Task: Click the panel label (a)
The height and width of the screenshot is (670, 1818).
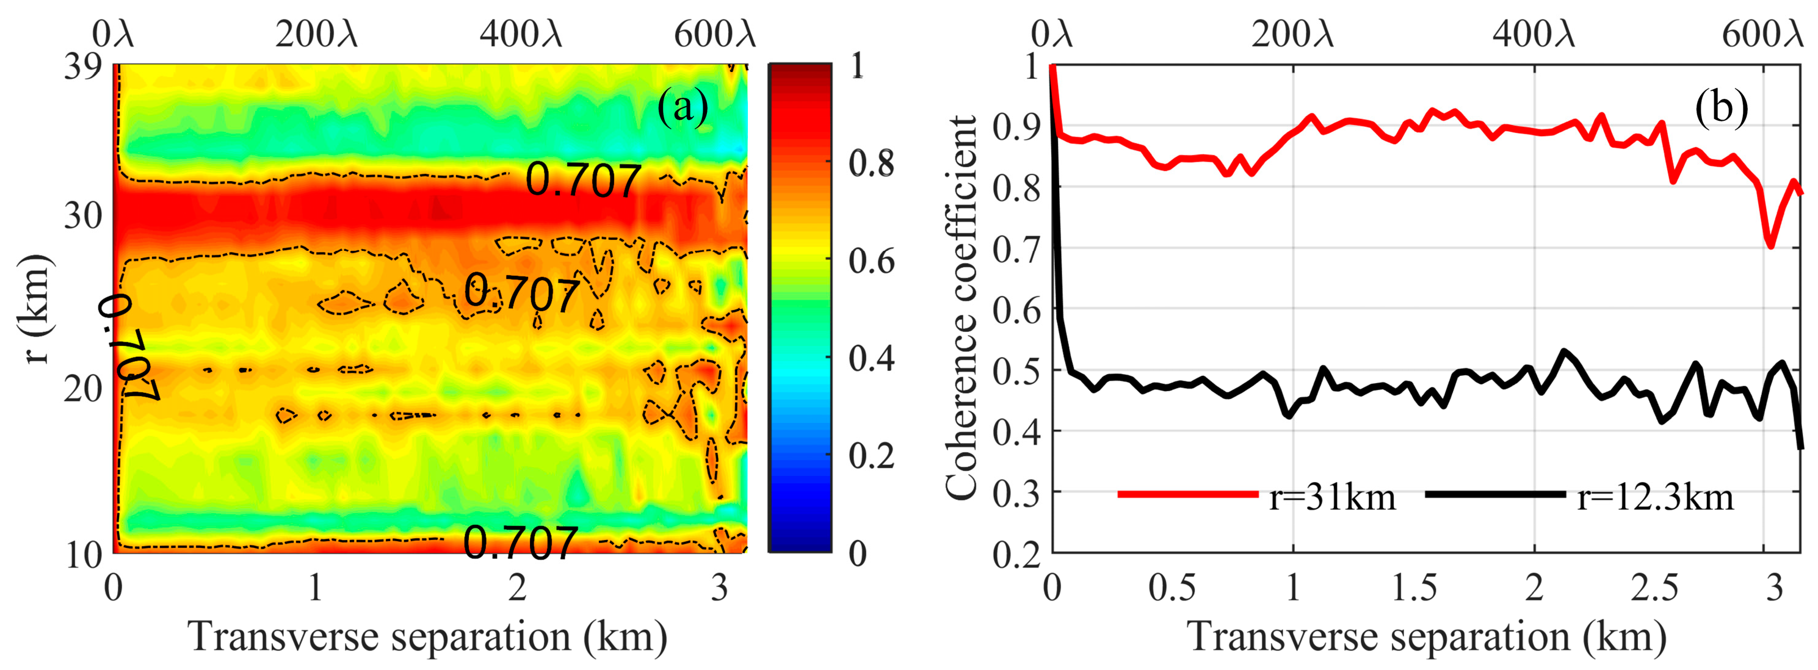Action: [x=683, y=109]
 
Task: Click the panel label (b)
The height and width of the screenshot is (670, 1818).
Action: [x=1722, y=109]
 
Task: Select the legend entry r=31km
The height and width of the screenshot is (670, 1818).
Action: [x=1331, y=497]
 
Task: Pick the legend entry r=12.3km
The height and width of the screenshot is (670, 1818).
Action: [x=1655, y=497]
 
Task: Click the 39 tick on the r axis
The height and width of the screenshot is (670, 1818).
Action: [x=83, y=68]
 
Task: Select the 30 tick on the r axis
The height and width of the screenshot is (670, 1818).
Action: [x=83, y=215]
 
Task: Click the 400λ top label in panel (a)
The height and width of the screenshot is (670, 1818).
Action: [x=521, y=33]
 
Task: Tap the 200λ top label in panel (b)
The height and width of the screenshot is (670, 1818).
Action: [x=1293, y=33]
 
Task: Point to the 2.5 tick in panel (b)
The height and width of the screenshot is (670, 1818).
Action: [x=1654, y=588]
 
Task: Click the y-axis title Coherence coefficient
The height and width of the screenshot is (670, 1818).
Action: [x=962, y=308]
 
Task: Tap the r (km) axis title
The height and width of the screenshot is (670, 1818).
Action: [x=34, y=308]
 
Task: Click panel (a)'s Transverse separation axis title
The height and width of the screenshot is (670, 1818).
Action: [x=427, y=637]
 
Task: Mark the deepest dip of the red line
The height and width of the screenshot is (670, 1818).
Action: [x=1770, y=245]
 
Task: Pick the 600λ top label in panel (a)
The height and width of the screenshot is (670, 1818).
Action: [x=714, y=33]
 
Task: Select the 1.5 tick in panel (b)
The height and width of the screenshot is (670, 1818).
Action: [x=1414, y=588]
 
